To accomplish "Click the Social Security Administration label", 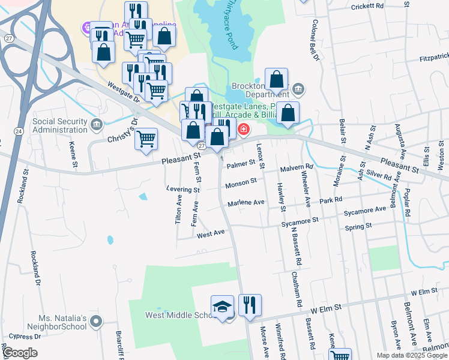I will click(60, 125).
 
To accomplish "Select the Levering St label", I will click(183, 190).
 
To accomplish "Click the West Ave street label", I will click(210, 234).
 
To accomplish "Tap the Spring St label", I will click(359, 227).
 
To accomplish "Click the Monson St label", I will click(241, 181).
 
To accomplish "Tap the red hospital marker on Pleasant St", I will click(244, 129).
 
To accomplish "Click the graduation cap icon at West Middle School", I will click(221, 306).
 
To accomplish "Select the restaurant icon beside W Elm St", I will click(250, 305).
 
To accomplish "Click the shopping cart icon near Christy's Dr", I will click(146, 139).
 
